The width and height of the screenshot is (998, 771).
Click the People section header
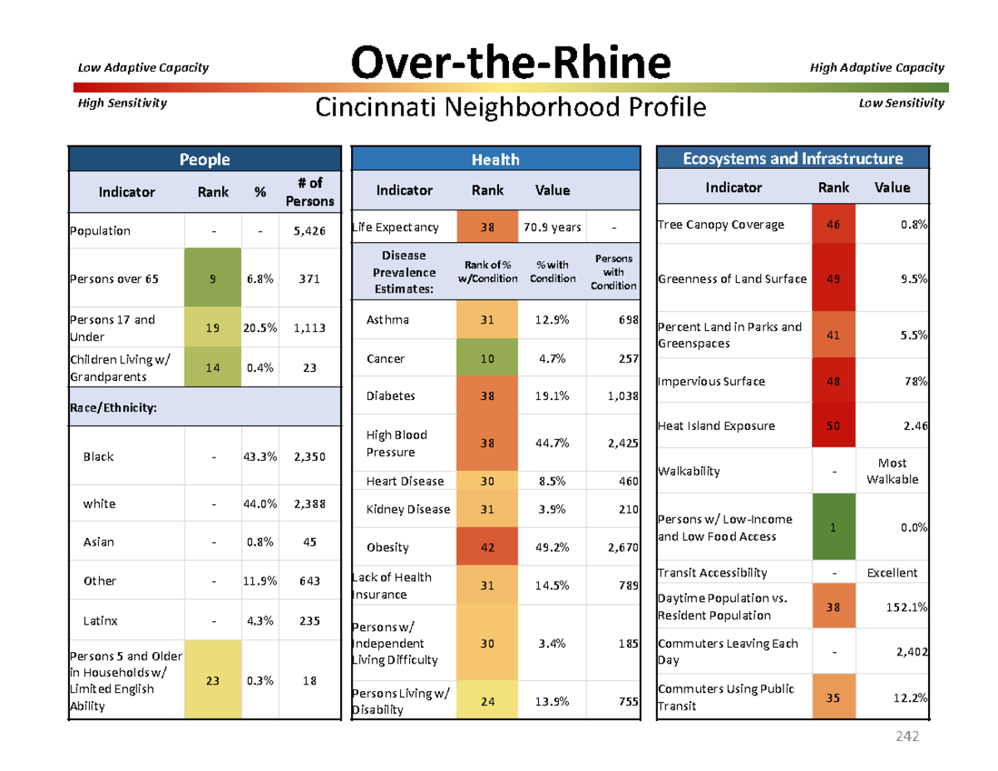click(205, 159)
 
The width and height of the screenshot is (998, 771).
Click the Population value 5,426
click(309, 231)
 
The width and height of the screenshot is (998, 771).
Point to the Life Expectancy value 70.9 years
click(552, 228)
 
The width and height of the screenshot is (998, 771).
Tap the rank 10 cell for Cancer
click(487, 358)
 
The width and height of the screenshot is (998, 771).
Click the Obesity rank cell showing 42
click(487, 546)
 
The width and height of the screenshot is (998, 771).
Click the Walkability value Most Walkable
click(892, 471)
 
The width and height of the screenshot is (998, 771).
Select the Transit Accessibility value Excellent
click(892, 572)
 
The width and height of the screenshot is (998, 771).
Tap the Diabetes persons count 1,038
click(622, 397)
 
